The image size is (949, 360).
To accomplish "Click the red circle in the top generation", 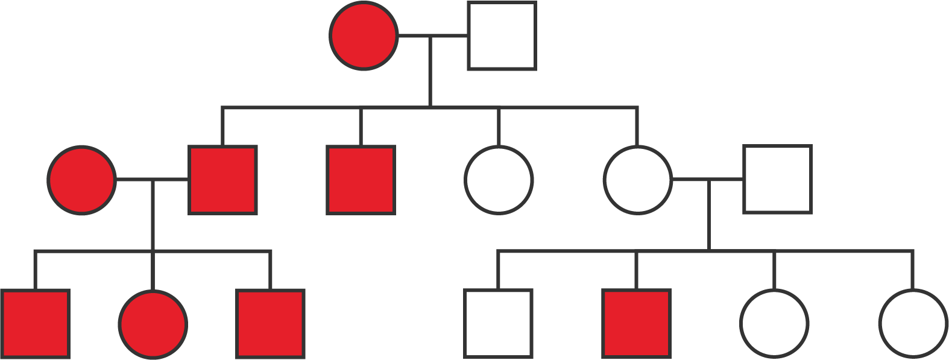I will (364, 36).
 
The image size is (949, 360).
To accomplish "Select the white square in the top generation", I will (502, 36).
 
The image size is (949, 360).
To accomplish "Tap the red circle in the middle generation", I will (81, 180).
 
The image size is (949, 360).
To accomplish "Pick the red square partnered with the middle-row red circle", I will (223, 180).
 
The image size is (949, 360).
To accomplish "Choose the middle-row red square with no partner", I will (361, 180).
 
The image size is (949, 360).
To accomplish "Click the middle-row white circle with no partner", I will (499, 180).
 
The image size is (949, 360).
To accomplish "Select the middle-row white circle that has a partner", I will (637, 180).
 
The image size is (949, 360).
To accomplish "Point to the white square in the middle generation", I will (777, 180).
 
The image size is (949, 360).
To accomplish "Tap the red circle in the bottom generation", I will (153, 324).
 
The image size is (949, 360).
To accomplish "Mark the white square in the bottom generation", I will (498, 324).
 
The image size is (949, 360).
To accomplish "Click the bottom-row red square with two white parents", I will (636, 324).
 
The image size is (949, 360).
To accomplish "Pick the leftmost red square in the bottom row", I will (35, 324).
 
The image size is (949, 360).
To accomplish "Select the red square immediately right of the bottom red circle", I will (270, 324).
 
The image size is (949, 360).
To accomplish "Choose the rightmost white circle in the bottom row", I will (913, 324).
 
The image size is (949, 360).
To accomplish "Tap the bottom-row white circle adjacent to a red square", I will (774, 324).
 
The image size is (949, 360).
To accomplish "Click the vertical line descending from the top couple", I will (429, 72).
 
